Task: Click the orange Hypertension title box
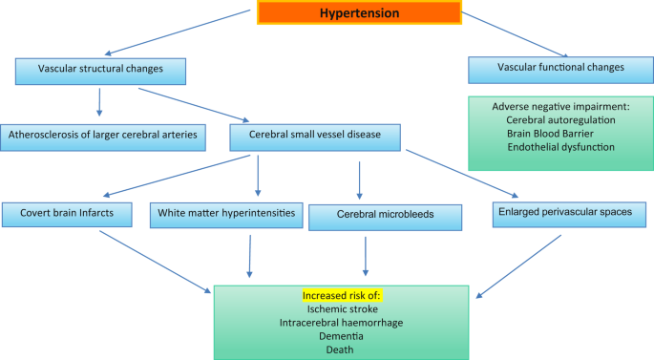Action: click(x=358, y=12)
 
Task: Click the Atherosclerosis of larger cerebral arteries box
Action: click(x=103, y=136)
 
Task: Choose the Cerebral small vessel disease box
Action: click(x=316, y=136)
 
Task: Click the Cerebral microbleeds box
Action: click(x=385, y=215)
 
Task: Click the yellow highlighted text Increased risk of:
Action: click(x=342, y=296)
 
